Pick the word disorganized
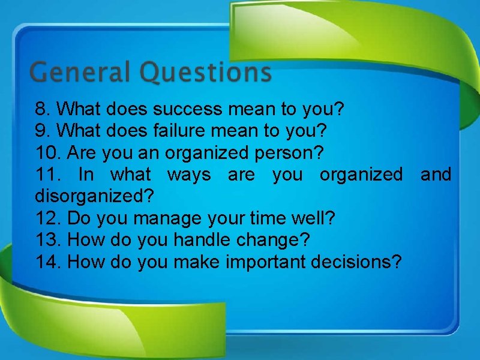tap(94, 196)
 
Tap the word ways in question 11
tap(188, 175)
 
